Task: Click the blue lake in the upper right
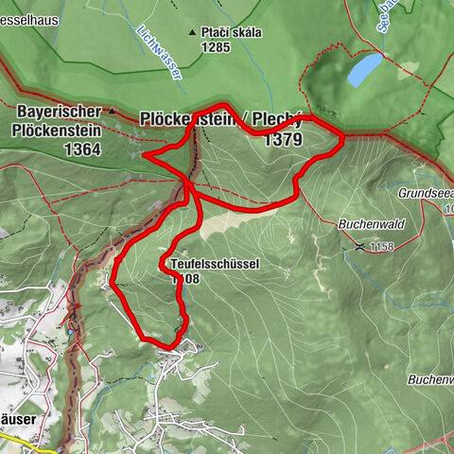coord(364,70)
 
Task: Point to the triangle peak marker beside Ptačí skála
coord(193,31)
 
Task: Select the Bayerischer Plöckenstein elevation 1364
coord(83,149)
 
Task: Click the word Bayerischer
coord(57,111)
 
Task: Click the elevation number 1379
coord(284,140)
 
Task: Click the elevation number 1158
coord(380,246)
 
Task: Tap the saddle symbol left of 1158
coord(359,245)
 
